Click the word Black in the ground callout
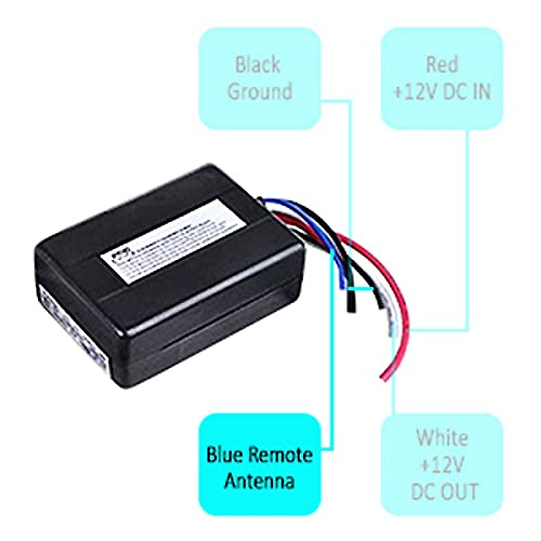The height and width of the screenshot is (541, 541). pyautogui.click(x=257, y=65)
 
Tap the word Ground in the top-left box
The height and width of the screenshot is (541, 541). pyautogui.click(x=260, y=91)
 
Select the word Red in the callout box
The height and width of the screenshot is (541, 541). pyautogui.click(x=441, y=65)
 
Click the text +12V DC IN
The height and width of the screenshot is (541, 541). pyautogui.click(x=442, y=92)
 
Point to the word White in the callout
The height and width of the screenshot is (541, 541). pyautogui.click(x=442, y=438)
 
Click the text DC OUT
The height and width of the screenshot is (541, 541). pyautogui.click(x=444, y=491)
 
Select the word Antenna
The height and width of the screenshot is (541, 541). pyautogui.click(x=259, y=481)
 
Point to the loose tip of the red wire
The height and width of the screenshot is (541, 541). pyautogui.click(x=384, y=377)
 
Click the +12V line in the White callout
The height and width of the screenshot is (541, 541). pyautogui.click(x=442, y=464)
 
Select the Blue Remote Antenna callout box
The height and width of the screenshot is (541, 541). pyautogui.click(x=260, y=464)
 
